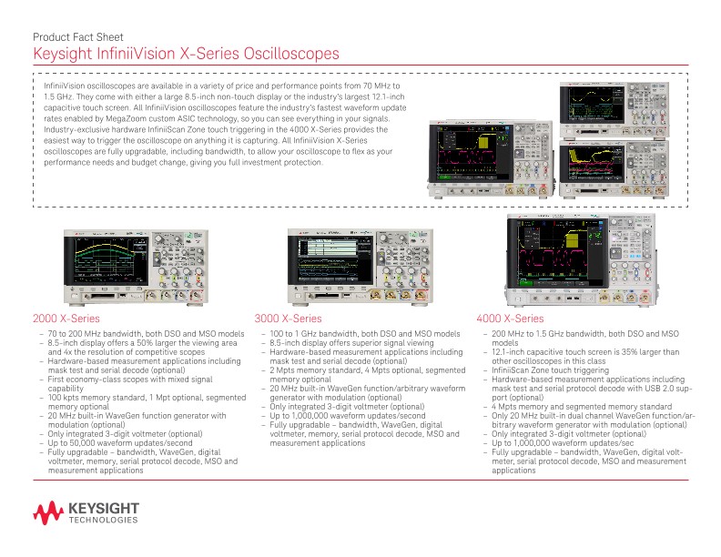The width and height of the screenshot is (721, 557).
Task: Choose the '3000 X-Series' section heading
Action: point(288,319)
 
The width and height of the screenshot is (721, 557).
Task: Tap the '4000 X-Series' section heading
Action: point(510,319)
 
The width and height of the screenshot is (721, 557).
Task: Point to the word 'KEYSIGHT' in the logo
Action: point(103,507)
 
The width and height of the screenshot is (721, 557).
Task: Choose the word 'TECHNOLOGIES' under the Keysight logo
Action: point(103,521)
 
